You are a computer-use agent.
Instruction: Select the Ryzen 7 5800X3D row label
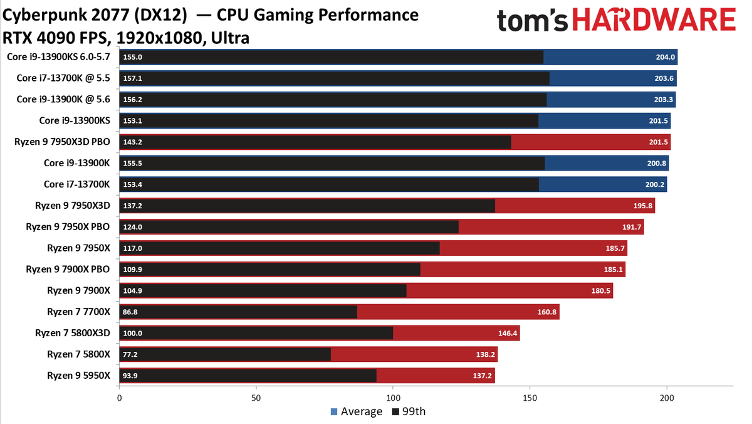pyautogui.click(x=72, y=333)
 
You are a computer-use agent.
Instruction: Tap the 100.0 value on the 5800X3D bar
pyautogui.click(x=133, y=333)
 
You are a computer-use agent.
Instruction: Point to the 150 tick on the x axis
pyautogui.click(x=530, y=398)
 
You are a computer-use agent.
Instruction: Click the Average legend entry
pyautogui.click(x=356, y=411)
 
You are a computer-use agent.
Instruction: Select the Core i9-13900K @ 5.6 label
pyautogui.click(x=63, y=99)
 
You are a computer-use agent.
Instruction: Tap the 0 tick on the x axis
pyautogui.click(x=119, y=398)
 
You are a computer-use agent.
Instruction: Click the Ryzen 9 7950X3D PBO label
pyautogui.click(x=62, y=142)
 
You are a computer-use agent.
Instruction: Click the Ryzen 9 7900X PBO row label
pyautogui.click(x=68, y=269)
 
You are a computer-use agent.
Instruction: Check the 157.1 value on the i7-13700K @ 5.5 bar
pyautogui.click(x=133, y=78)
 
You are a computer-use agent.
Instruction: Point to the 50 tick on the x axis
pyautogui.click(x=256, y=398)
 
